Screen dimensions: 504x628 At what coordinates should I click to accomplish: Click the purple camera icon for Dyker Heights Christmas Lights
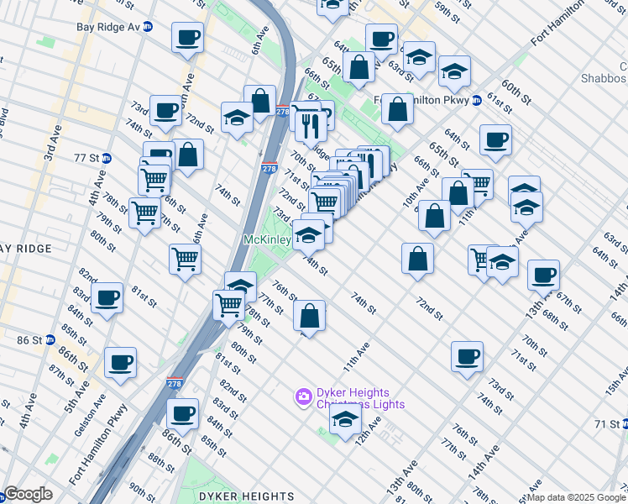302,395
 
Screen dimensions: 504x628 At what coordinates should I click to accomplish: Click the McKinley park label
266,240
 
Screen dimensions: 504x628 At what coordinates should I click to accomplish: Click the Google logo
28,494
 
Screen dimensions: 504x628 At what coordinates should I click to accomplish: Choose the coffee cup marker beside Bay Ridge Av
186,37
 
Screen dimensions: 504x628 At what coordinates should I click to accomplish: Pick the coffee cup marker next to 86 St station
120,363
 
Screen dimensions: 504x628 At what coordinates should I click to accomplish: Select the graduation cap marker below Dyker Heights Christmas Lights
345,420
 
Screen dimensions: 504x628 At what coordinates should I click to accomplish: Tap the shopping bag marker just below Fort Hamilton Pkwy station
399,110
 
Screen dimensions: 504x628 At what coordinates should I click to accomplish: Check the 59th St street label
447,12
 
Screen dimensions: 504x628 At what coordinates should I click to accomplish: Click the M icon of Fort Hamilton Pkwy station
477,100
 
